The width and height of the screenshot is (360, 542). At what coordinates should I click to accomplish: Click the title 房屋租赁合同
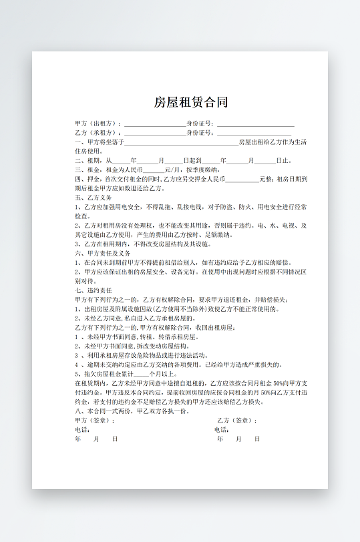click(x=191, y=102)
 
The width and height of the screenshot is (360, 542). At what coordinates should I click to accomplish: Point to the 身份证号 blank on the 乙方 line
click(x=255, y=133)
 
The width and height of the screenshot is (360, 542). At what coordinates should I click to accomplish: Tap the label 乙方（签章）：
click(x=237, y=421)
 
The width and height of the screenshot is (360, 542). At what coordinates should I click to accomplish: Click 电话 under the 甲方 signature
click(x=83, y=430)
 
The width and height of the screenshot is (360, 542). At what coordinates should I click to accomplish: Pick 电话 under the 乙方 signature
click(x=222, y=430)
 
